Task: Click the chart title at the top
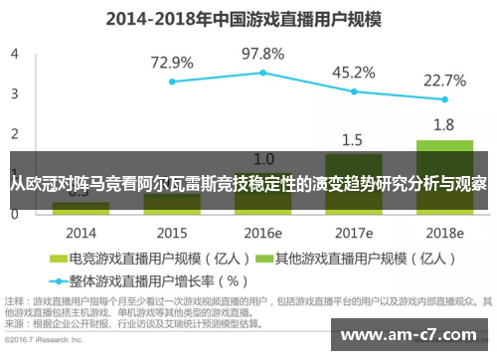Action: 248,18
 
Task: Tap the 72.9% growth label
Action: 171,62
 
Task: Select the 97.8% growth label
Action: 263,54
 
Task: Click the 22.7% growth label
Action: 444,79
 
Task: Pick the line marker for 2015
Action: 172,82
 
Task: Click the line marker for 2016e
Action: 263,73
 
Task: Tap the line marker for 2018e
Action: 444,99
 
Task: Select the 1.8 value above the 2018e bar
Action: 444,124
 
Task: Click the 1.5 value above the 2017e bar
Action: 353,139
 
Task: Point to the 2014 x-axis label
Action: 81,233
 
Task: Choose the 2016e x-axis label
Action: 263,233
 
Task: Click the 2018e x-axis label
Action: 444,233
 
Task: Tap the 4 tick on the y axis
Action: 15,54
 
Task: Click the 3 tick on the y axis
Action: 15,93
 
